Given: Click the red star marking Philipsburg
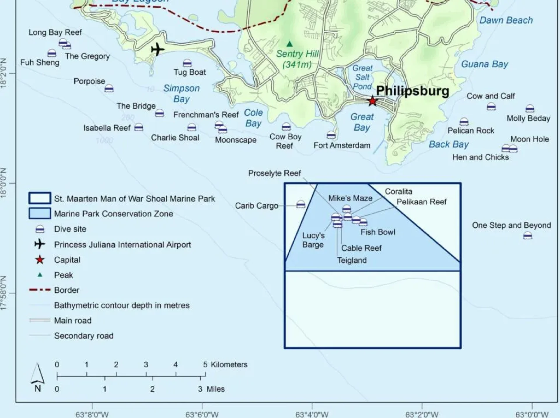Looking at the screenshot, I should [372, 101].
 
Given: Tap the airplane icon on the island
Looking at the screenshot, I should [157, 49].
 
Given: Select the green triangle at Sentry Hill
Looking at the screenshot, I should [289, 44].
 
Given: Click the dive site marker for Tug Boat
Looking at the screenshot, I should [187, 63].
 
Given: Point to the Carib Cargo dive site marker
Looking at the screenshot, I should [301, 205].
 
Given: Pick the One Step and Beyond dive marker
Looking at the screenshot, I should [527, 236].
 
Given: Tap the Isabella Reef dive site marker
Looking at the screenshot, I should [139, 127].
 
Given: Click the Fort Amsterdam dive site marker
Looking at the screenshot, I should [331, 135].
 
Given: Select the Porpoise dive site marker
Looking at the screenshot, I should [109, 88].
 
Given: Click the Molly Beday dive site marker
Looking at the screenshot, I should [530, 109].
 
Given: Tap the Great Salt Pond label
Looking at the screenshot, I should [362, 77].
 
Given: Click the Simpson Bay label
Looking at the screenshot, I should [181, 93].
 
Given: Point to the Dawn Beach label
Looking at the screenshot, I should [506, 20].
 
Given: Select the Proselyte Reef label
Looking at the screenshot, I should [274, 173].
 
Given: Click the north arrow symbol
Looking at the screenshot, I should [38, 374].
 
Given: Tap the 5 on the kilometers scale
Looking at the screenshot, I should [205, 364].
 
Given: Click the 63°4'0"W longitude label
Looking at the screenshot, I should [312, 414].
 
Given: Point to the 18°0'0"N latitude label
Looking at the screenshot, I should [3, 183].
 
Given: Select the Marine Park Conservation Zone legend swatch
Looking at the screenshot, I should [40, 213].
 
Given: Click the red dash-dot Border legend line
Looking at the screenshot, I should [40, 290].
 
